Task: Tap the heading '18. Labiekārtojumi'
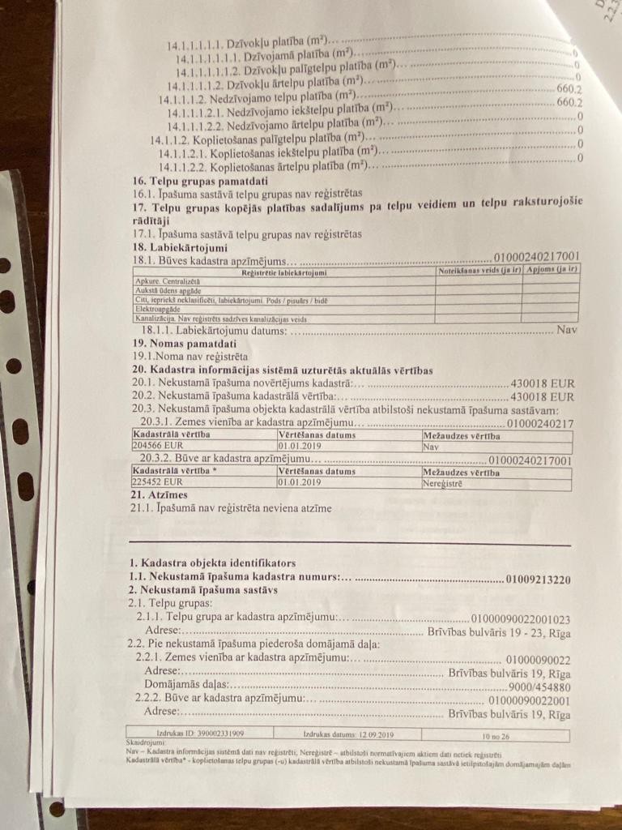(x=179, y=247)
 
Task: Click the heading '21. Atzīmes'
(x=159, y=495)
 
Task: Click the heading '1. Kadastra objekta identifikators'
(x=212, y=563)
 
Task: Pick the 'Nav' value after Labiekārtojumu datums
(x=567, y=331)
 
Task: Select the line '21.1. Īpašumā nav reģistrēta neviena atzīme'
(x=231, y=509)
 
